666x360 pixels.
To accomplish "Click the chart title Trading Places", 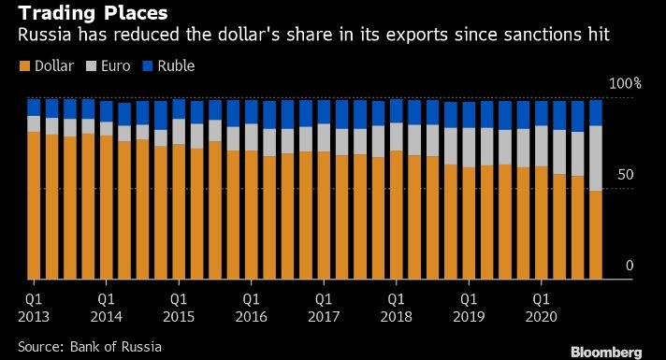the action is click(x=93, y=13).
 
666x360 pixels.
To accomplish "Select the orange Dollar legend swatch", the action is click(x=24, y=65).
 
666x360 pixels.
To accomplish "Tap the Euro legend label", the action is click(x=116, y=65).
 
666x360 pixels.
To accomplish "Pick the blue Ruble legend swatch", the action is click(x=147, y=65).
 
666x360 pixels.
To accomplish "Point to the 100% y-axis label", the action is click(x=625, y=83).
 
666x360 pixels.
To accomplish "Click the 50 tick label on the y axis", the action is click(x=625, y=175).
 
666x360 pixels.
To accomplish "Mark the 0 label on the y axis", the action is click(x=630, y=266).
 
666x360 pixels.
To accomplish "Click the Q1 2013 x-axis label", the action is click(x=34, y=308).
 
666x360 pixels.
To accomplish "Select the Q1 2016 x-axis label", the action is click(x=251, y=308).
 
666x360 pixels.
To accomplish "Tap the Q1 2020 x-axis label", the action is click(x=541, y=308).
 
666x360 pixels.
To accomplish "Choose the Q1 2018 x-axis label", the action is click(x=396, y=308).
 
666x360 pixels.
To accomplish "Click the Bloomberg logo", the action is click(x=606, y=353).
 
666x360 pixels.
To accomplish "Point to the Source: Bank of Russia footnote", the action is click(x=90, y=347).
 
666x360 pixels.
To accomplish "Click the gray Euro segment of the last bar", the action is click(x=596, y=158).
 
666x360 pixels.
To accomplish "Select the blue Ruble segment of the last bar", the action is click(x=596, y=113).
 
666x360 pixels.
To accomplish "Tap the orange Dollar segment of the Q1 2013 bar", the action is click(x=34, y=206).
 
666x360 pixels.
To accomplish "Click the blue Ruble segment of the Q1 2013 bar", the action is click(x=34, y=108).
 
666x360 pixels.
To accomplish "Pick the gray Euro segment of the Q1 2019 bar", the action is click(x=469, y=148).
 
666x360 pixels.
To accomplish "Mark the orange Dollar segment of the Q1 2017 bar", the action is click(x=324, y=215).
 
